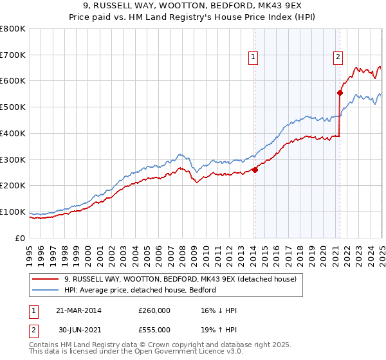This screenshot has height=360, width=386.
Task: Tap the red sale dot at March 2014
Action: (255, 170)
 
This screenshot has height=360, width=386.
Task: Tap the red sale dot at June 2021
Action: (340, 93)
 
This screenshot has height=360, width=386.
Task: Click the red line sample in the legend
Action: (46, 279)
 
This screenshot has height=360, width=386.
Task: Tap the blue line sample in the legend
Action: (46, 290)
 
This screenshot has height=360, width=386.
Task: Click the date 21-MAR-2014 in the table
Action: (78, 310)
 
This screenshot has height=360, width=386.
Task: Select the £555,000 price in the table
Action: (154, 331)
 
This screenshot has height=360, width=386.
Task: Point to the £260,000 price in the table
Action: (154, 310)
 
